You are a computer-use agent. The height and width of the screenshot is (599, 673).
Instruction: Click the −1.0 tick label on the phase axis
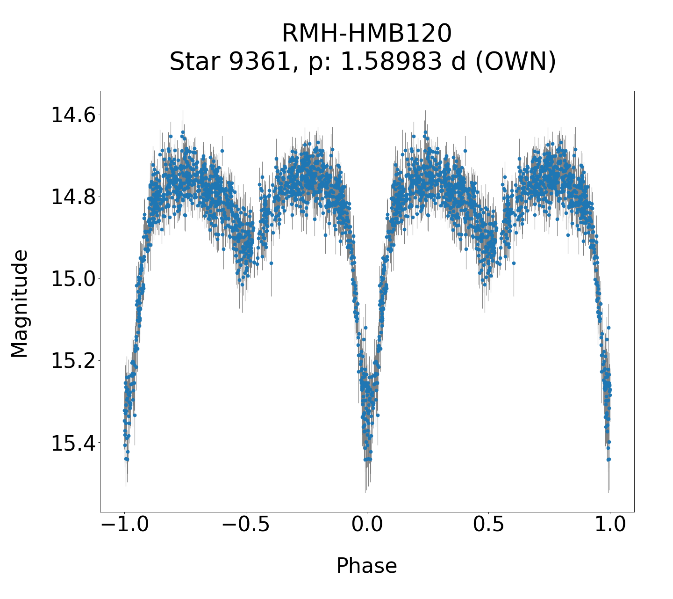pyautogui.click(x=124, y=525)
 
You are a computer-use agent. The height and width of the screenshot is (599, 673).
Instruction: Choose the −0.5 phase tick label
pyautogui.click(x=245, y=525)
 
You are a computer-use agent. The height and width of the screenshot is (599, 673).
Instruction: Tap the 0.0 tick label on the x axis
pyautogui.click(x=367, y=525)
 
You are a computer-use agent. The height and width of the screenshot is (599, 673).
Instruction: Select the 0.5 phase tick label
pyautogui.click(x=488, y=525)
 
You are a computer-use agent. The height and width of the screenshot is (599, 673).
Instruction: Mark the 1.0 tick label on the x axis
pyautogui.click(x=609, y=525)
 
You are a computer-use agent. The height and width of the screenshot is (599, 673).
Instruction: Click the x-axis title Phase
pyautogui.click(x=367, y=566)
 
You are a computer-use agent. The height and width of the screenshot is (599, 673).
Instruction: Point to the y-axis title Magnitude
pyautogui.click(x=20, y=304)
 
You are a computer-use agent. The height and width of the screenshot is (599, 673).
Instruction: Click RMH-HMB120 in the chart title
pyautogui.click(x=367, y=34)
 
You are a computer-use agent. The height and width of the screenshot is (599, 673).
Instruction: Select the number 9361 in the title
pyautogui.click(x=259, y=62)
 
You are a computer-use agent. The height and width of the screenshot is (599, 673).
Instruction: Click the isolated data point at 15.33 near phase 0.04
pyautogui.click(x=378, y=415)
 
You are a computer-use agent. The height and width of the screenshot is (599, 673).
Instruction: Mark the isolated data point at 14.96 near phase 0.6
pyautogui.click(x=514, y=263)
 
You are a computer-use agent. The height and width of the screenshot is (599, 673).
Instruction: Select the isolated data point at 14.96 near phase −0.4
pyautogui.click(x=271, y=263)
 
